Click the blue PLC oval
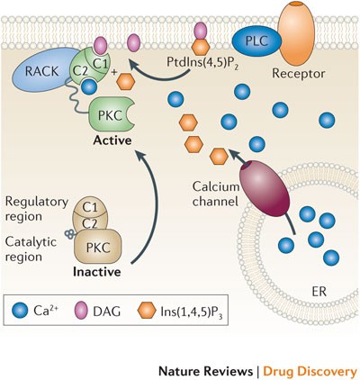coord(256,41)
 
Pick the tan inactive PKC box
coord(98,246)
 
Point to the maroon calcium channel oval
coord(265,188)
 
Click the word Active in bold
coord(112,140)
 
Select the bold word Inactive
coord(97,272)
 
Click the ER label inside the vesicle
coord(319,292)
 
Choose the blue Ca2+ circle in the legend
coord(20,311)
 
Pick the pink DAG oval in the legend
coord(81,311)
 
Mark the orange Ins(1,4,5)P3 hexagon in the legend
coord(147,311)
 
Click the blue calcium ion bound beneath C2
coord(89,86)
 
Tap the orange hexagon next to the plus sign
coord(125,82)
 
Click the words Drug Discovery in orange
coord(310,371)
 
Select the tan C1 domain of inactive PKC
coord(90,207)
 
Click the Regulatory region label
coord(37,209)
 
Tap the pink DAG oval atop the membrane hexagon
coord(201,31)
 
